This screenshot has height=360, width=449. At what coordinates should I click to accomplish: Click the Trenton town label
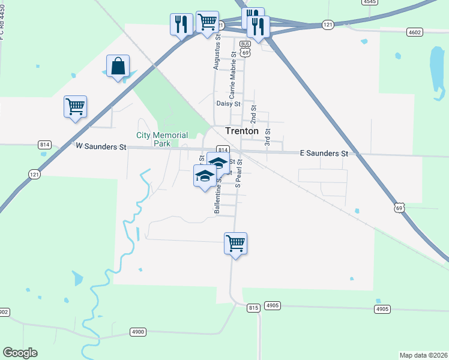tap(242, 131)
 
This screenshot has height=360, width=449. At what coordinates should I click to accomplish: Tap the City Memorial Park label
tap(162, 139)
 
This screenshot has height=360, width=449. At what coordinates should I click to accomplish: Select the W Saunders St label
tap(101, 146)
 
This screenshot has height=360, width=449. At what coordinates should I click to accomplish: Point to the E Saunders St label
tap(324, 154)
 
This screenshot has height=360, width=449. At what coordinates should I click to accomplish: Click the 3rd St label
tap(268, 137)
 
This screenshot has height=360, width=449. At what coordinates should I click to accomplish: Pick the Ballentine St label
tap(217, 196)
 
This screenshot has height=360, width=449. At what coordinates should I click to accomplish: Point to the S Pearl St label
tap(238, 174)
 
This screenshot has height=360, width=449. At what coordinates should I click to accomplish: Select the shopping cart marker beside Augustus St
tap(207, 22)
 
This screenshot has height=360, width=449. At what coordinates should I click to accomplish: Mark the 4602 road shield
tap(414, 32)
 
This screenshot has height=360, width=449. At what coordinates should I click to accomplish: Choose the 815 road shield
tap(253, 308)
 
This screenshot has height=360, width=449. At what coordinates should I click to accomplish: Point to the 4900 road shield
tap(138, 332)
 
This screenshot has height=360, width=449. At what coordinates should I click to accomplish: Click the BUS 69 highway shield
tap(245, 48)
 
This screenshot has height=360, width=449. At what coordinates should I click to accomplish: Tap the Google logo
tap(20, 353)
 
